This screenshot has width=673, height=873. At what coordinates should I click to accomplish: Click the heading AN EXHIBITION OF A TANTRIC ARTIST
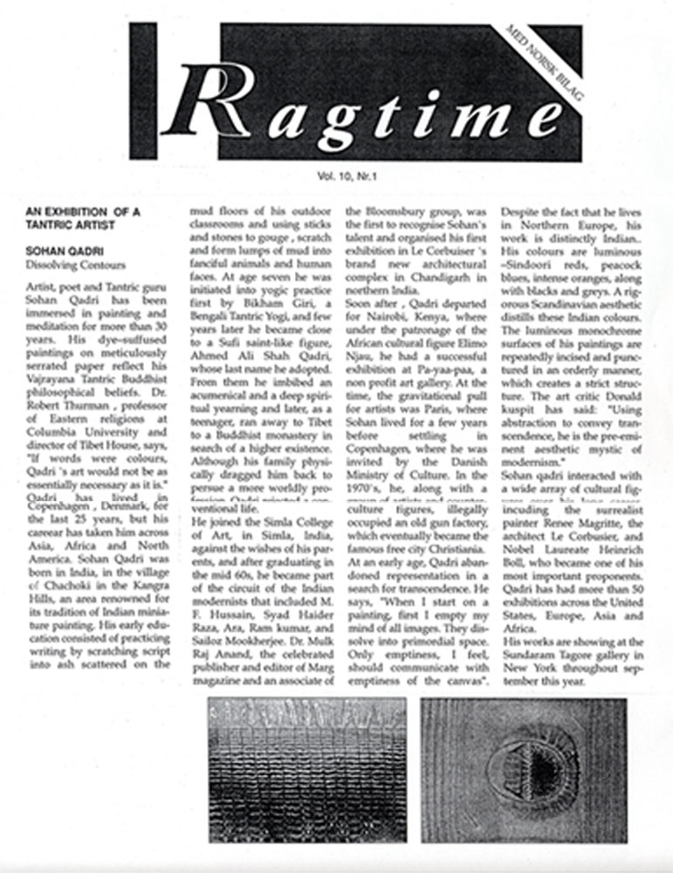click(x=83, y=217)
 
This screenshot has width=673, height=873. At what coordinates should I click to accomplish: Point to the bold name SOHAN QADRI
click(x=61, y=250)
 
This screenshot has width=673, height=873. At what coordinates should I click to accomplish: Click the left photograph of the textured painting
click(x=306, y=769)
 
